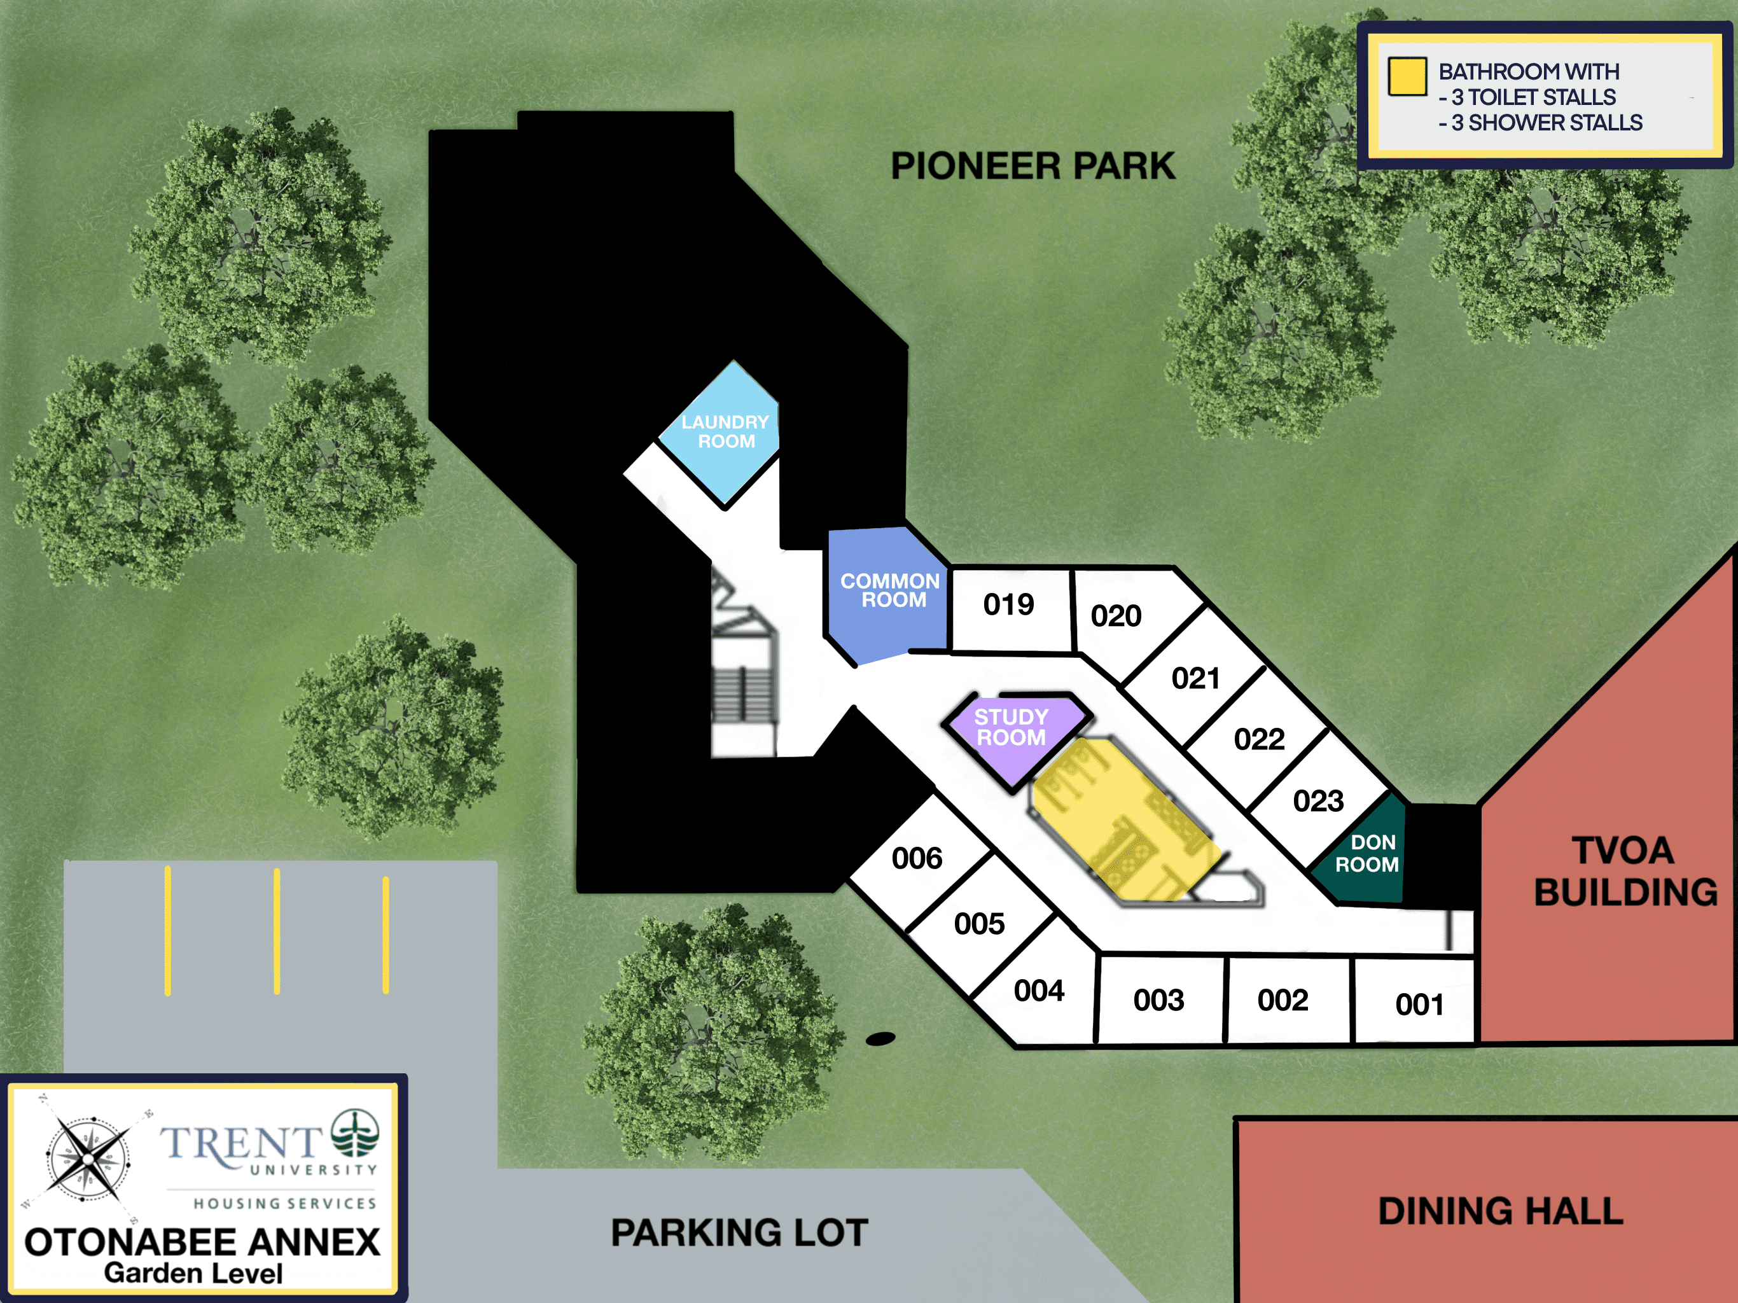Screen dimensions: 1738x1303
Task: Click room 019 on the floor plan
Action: [1010, 608]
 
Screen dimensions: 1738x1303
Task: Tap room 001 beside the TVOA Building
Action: [1415, 1001]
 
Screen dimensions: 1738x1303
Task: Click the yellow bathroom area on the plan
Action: [1125, 818]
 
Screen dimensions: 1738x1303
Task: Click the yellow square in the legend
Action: [1407, 77]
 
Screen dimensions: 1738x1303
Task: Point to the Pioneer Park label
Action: [1032, 167]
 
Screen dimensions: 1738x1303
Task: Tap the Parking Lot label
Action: [739, 1233]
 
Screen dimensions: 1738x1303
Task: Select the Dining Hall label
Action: [1501, 1211]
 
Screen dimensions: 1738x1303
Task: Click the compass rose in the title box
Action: [88, 1159]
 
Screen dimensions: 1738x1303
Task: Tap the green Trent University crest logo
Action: [355, 1133]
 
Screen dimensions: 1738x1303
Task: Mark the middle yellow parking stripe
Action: [277, 931]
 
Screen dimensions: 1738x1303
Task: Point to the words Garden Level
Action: [193, 1273]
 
